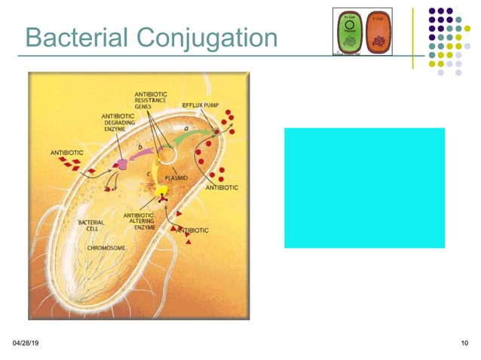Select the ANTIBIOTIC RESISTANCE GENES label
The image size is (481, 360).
tap(152, 99)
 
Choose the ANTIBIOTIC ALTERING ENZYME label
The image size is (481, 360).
tap(139, 219)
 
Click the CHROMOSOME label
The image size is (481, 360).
tap(106, 247)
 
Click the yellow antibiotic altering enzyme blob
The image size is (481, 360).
tap(161, 195)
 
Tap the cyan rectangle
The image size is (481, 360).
tap(364, 188)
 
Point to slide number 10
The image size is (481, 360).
tap(463, 344)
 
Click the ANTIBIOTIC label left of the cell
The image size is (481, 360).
tap(66, 153)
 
